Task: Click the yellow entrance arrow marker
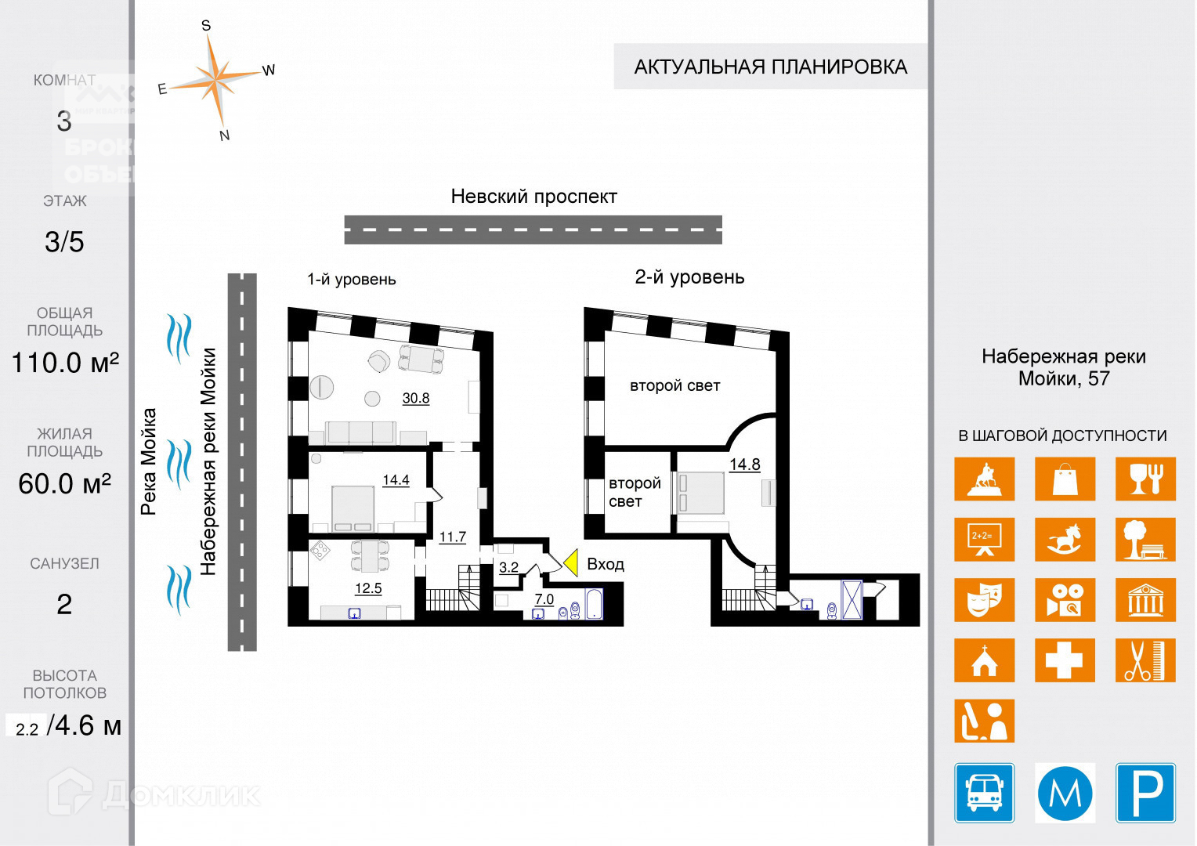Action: click(x=571, y=562)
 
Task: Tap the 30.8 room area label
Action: click(x=416, y=398)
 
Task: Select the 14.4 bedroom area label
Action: click(x=396, y=480)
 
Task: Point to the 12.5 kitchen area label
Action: click(x=368, y=588)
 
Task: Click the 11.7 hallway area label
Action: click(x=452, y=537)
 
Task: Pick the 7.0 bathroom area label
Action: click(x=544, y=599)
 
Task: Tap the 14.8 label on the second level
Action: click(x=744, y=465)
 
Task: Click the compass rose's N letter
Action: click(x=225, y=136)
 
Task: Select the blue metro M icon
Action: click(x=1065, y=793)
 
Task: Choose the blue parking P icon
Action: click(x=1145, y=793)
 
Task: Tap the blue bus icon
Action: click(x=984, y=793)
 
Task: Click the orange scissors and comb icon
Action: click(x=1145, y=660)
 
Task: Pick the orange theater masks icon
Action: click(x=984, y=600)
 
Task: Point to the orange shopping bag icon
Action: click(x=1065, y=479)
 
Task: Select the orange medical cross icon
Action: click(x=1065, y=660)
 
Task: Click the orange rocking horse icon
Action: click(x=1065, y=540)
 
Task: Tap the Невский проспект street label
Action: click(x=533, y=197)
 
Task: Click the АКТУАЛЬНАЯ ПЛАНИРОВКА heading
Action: click(x=770, y=67)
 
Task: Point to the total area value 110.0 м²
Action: click(x=65, y=363)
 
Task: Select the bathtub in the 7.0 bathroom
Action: click(x=594, y=605)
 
